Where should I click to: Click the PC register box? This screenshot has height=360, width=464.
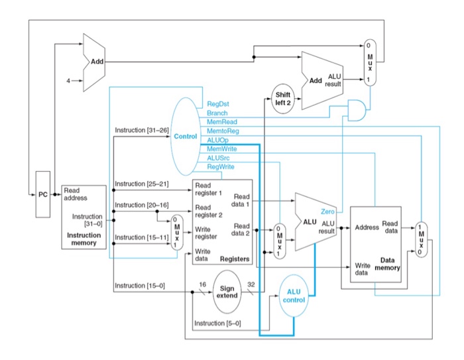coord(43,195)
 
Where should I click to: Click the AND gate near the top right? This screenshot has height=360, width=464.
coord(356,109)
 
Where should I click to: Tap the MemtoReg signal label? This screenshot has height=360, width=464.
coord(222,132)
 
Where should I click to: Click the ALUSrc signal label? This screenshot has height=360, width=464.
coord(219,158)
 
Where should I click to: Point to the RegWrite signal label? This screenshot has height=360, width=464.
coord(221,167)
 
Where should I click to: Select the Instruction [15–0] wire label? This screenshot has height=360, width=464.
coord(140,285)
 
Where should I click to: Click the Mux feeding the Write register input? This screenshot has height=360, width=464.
coord(175,231)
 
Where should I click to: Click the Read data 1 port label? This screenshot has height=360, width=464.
coord(241,201)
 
